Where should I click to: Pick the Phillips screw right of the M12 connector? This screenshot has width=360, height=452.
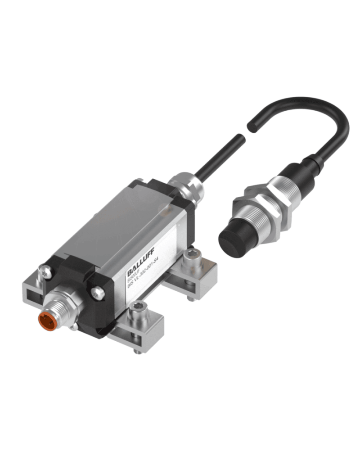(97, 293)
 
